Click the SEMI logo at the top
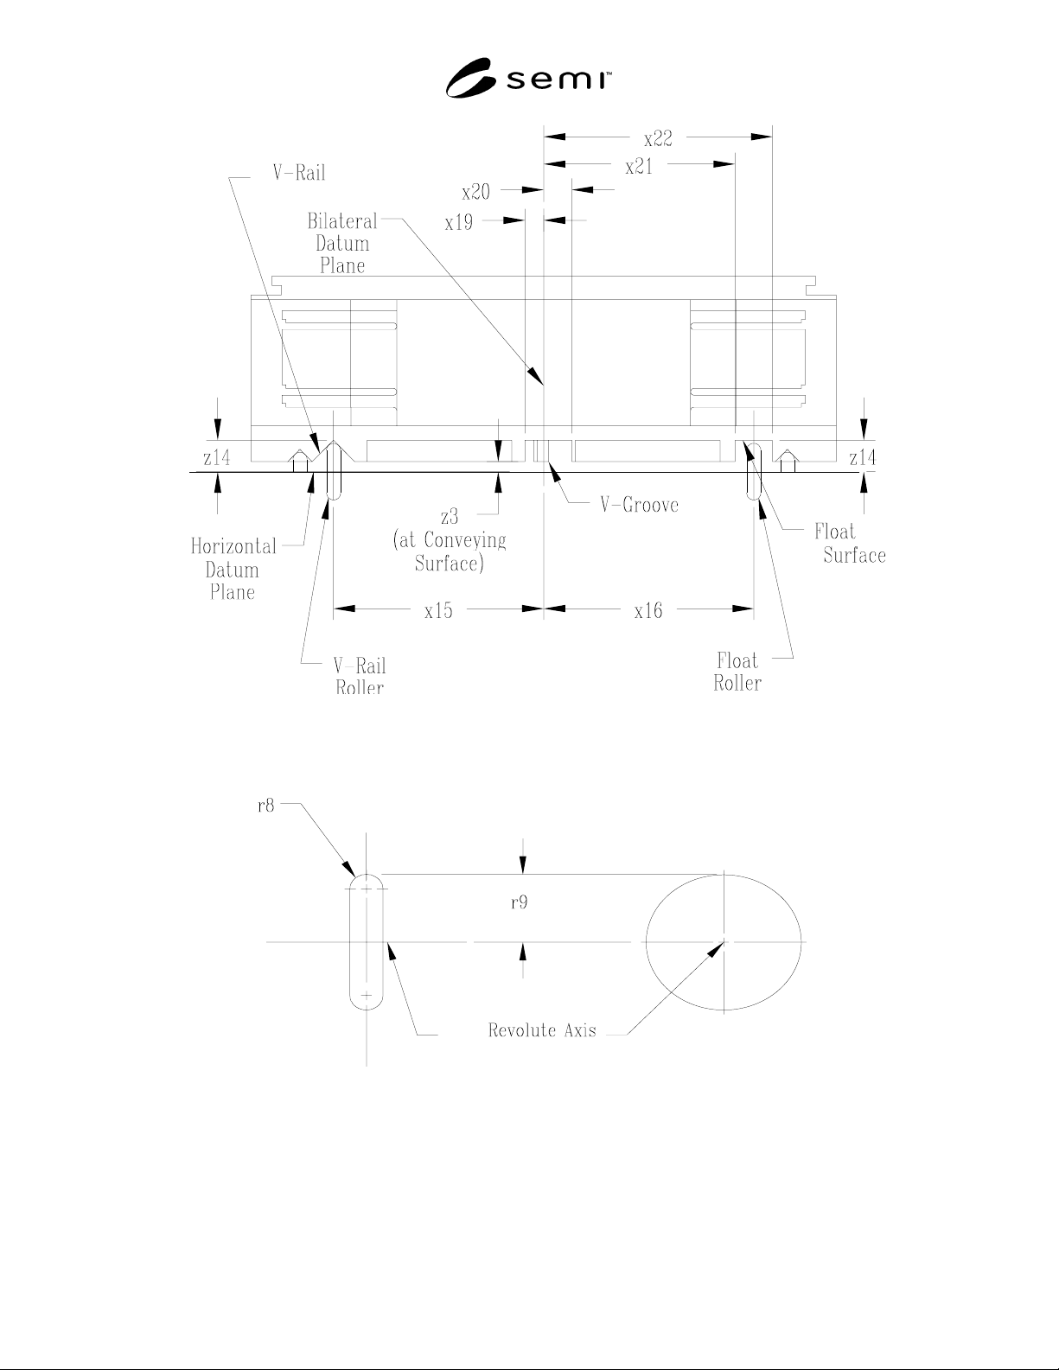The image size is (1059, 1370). click(x=528, y=78)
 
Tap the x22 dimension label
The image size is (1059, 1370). click(x=658, y=138)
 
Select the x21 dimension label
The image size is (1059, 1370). click(x=639, y=167)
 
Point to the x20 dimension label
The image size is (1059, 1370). click(x=476, y=192)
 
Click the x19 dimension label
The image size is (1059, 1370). click(x=458, y=222)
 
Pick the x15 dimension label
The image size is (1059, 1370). click(x=438, y=610)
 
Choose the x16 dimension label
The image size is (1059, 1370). click(x=648, y=610)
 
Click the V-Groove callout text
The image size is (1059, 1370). click(x=639, y=505)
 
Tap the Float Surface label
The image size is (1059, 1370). click(x=850, y=543)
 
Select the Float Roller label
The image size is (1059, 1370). click(x=737, y=672)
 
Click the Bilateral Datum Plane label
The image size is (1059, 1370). click(x=342, y=244)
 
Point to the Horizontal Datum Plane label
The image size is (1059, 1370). click(x=233, y=570)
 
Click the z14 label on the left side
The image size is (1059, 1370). click(x=216, y=457)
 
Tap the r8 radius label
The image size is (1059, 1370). click(x=266, y=806)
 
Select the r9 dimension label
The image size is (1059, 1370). click(x=519, y=903)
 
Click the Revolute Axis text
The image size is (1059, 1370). click(x=542, y=1030)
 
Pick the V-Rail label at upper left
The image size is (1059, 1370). click(x=299, y=172)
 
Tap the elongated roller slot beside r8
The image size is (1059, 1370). click(x=350, y=942)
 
